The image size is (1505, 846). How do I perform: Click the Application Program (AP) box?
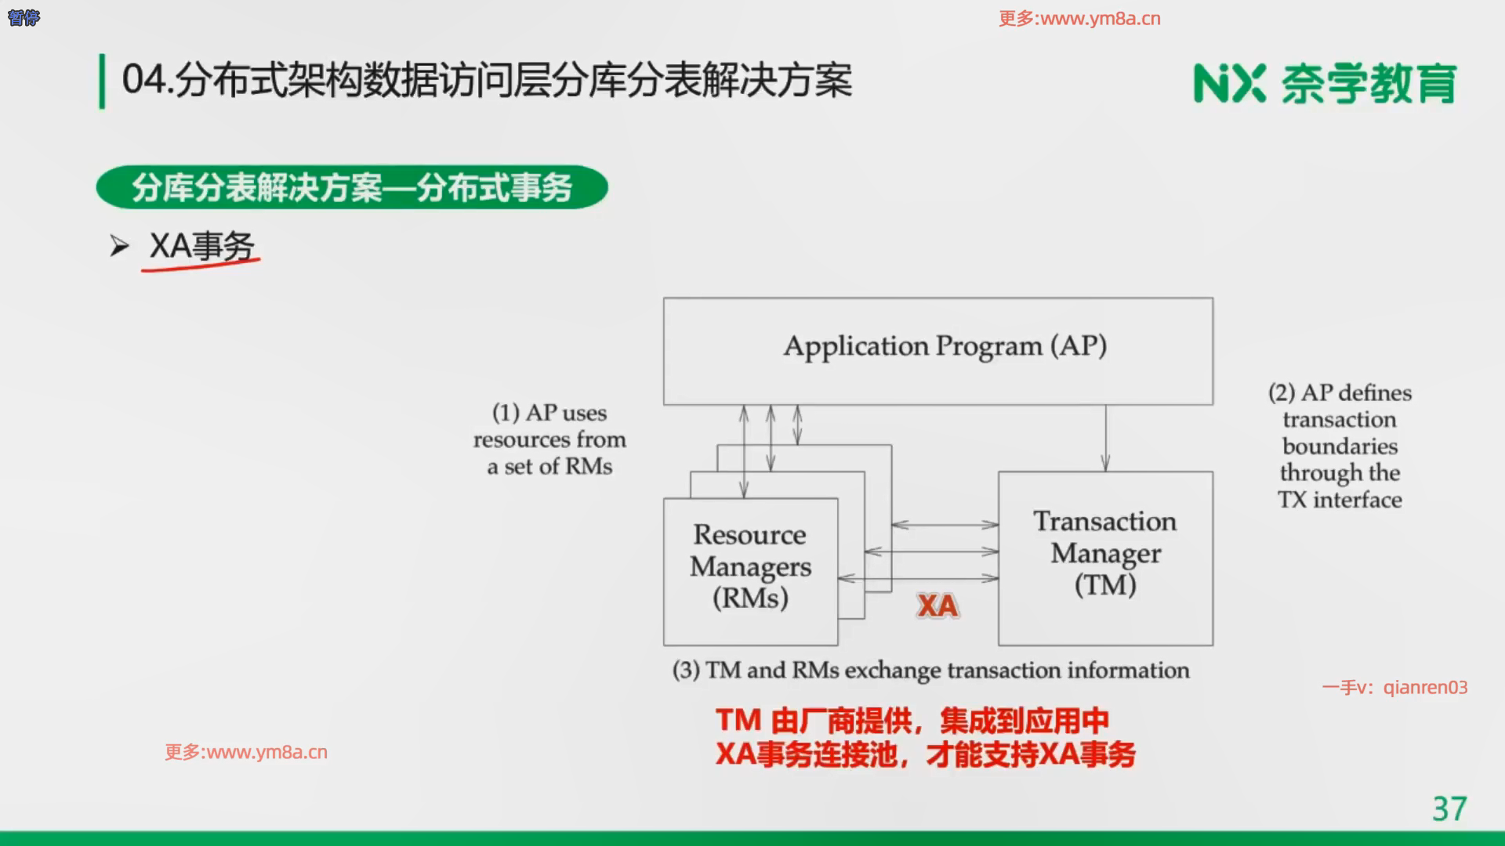tap(938, 351)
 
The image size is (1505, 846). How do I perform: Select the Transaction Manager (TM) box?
tap(1105, 559)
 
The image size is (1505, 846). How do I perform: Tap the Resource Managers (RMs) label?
tap(750, 566)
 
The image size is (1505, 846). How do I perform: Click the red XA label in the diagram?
tap(937, 606)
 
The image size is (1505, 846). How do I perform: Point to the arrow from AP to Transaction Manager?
tap(1105, 438)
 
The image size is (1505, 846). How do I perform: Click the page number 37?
tap(1449, 809)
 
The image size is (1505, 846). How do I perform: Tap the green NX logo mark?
tap(1229, 83)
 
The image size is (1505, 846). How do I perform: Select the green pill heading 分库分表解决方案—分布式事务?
tap(352, 187)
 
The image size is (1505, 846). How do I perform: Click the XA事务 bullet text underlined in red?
tap(202, 246)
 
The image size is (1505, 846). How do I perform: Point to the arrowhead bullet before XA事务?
tap(119, 247)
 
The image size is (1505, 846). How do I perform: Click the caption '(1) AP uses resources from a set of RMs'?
tap(549, 439)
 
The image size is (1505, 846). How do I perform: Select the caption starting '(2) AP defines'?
tap(1340, 446)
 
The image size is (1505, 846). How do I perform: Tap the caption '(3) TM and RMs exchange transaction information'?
tap(930, 671)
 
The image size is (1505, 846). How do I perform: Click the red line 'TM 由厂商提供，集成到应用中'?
tap(912, 721)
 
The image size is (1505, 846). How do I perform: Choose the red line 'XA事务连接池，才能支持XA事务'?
tap(926, 754)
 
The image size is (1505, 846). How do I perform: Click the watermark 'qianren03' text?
tap(1425, 688)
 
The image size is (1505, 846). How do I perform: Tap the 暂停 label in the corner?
tap(24, 17)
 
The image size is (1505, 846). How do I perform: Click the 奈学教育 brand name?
tap(1369, 83)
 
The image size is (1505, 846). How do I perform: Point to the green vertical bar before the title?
tap(102, 81)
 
